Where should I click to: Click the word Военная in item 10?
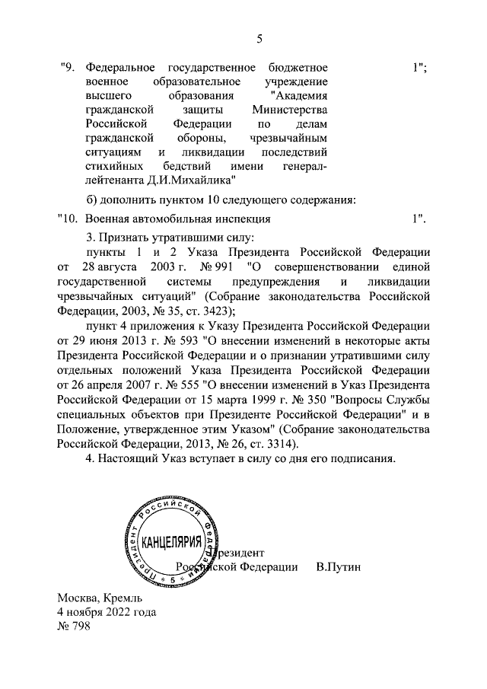click(x=108, y=219)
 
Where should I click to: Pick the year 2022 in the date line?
click(x=123, y=611)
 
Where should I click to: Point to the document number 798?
click(x=81, y=626)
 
